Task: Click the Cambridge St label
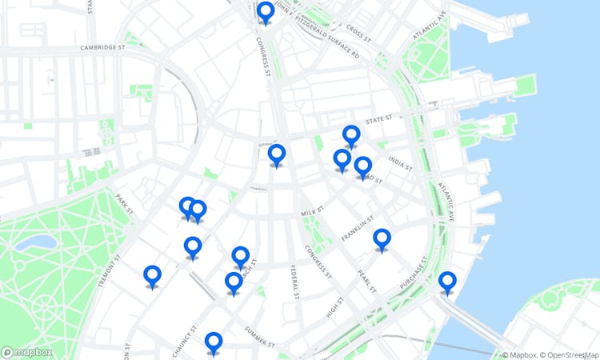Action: point(103,48)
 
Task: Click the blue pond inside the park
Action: point(37,242)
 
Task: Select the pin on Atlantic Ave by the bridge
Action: point(447,282)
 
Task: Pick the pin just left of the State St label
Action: point(351,136)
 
